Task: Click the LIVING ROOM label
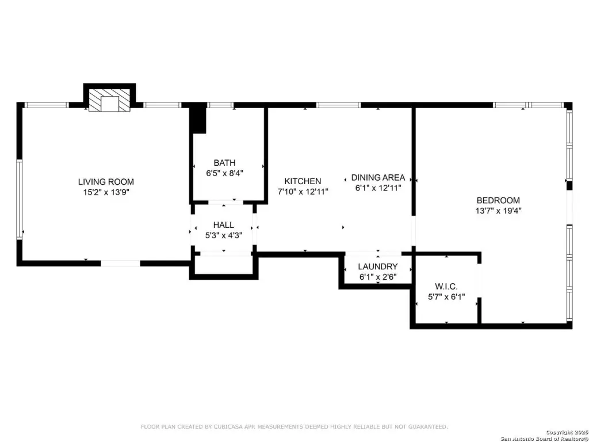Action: pyautogui.click(x=106, y=182)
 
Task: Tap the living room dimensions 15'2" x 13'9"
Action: pyautogui.click(x=106, y=192)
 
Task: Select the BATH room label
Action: pyautogui.click(x=225, y=163)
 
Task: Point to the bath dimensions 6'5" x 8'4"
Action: pyautogui.click(x=225, y=173)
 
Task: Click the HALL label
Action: pyautogui.click(x=224, y=225)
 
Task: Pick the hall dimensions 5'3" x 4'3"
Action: pyautogui.click(x=224, y=235)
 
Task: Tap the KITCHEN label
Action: pyautogui.click(x=303, y=181)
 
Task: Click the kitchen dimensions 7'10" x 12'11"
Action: pyautogui.click(x=303, y=192)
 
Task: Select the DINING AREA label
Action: pyautogui.click(x=378, y=177)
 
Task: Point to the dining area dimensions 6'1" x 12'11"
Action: pyautogui.click(x=378, y=188)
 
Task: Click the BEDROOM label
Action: pyautogui.click(x=499, y=200)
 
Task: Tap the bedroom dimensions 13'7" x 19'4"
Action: pyautogui.click(x=499, y=211)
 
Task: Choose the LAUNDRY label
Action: pyautogui.click(x=378, y=267)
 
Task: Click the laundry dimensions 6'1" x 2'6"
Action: pyautogui.click(x=378, y=277)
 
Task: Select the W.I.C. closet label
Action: pyautogui.click(x=446, y=287)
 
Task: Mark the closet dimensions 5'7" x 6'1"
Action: pyautogui.click(x=446, y=297)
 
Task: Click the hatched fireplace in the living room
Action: pyautogui.click(x=110, y=100)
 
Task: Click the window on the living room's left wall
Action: pyautogui.click(x=20, y=199)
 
